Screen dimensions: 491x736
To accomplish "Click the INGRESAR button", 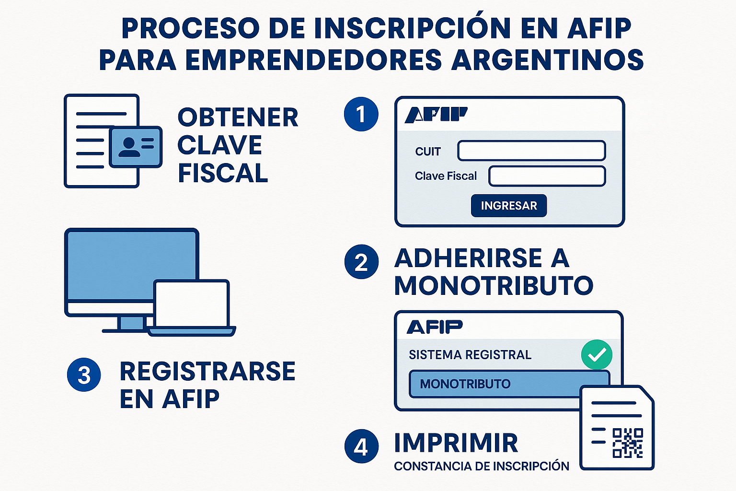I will click(x=508, y=206).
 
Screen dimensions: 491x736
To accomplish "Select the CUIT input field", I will click(x=531, y=151).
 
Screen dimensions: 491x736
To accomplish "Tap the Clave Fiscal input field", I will click(x=547, y=176).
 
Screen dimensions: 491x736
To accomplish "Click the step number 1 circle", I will click(x=361, y=114).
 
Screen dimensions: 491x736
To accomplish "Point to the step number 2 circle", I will click(x=361, y=262).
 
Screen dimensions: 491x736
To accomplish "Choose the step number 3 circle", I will click(x=84, y=374).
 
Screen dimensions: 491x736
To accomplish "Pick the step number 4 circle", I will click(x=361, y=446).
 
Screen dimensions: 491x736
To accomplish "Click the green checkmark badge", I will click(x=597, y=355).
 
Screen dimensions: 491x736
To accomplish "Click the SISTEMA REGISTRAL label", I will click(x=470, y=355).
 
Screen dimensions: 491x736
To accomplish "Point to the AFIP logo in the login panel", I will click(x=436, y=115).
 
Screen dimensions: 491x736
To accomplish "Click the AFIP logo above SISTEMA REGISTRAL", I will click(x=435, y=327).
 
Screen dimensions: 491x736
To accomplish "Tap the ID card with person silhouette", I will click(x=136, y=147).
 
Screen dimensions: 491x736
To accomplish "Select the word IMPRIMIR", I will click(x=456, y=443).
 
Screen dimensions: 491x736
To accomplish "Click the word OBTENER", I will click(x=238, y=117).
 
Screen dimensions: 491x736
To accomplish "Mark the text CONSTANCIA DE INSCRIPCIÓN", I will click(x=481, y=466).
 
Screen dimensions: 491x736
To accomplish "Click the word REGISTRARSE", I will click(x=207, y=371).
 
